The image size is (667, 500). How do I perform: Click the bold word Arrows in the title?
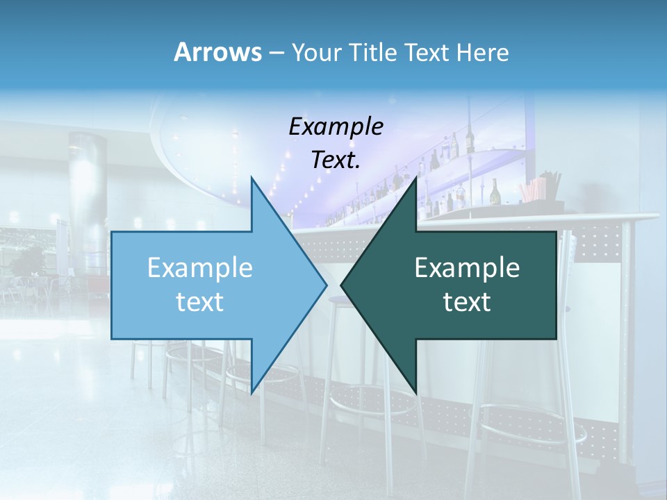click(217, 52)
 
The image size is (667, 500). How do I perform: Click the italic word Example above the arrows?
click(336, 127)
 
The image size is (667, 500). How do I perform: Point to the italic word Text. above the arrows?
click(336, 160)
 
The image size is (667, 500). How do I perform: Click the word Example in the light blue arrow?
click(200, 268)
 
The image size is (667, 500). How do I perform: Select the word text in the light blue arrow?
click(200, 302)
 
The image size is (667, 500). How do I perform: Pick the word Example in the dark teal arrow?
click(467, 268)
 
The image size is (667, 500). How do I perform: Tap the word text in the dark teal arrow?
click(467, 302)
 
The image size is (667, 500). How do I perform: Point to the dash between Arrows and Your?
click(276, 53)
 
